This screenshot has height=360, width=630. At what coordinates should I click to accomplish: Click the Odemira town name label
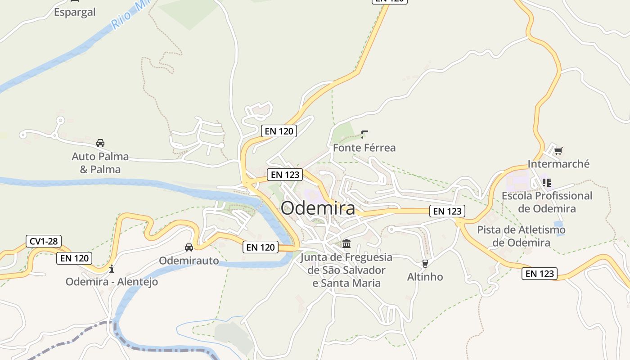tap(318, 208)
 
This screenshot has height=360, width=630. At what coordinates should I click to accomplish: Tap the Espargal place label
tap(75, 12)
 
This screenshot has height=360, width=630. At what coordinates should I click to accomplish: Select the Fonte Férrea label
tap(364, 148)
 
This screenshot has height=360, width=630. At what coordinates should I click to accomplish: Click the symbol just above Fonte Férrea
tap(364, 134)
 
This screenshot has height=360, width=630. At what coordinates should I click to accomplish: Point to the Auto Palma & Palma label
tap(100, 163)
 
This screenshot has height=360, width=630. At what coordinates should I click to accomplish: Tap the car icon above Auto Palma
tap(100, 143)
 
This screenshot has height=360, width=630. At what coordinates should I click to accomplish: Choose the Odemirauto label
tap(189, 261)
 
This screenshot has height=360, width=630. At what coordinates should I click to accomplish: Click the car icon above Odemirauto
tap(189, 247)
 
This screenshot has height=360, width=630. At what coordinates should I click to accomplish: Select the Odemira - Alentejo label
tap(112, 282)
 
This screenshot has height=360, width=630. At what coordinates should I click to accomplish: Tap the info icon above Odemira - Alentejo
tap(112, 269)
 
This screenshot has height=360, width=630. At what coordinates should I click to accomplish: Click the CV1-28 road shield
tap(44, 241)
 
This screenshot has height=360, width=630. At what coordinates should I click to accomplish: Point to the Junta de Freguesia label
tap(346, 270)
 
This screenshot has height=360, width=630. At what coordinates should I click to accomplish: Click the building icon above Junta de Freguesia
tap(346, 244)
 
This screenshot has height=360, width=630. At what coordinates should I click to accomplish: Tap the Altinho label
tap(425, 276)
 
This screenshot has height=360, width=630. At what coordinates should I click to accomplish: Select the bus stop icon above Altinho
tap(425, 263)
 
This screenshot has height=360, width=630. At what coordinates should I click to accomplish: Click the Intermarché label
tap(558, 164)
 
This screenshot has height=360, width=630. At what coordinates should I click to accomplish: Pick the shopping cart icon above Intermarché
tap(558, 151)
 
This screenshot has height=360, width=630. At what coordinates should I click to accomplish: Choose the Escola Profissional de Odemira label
tap(547, 202)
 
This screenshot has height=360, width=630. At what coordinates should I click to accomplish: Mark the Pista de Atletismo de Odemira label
tap(521, 236)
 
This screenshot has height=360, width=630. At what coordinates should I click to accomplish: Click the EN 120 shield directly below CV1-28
tap(74, 258)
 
